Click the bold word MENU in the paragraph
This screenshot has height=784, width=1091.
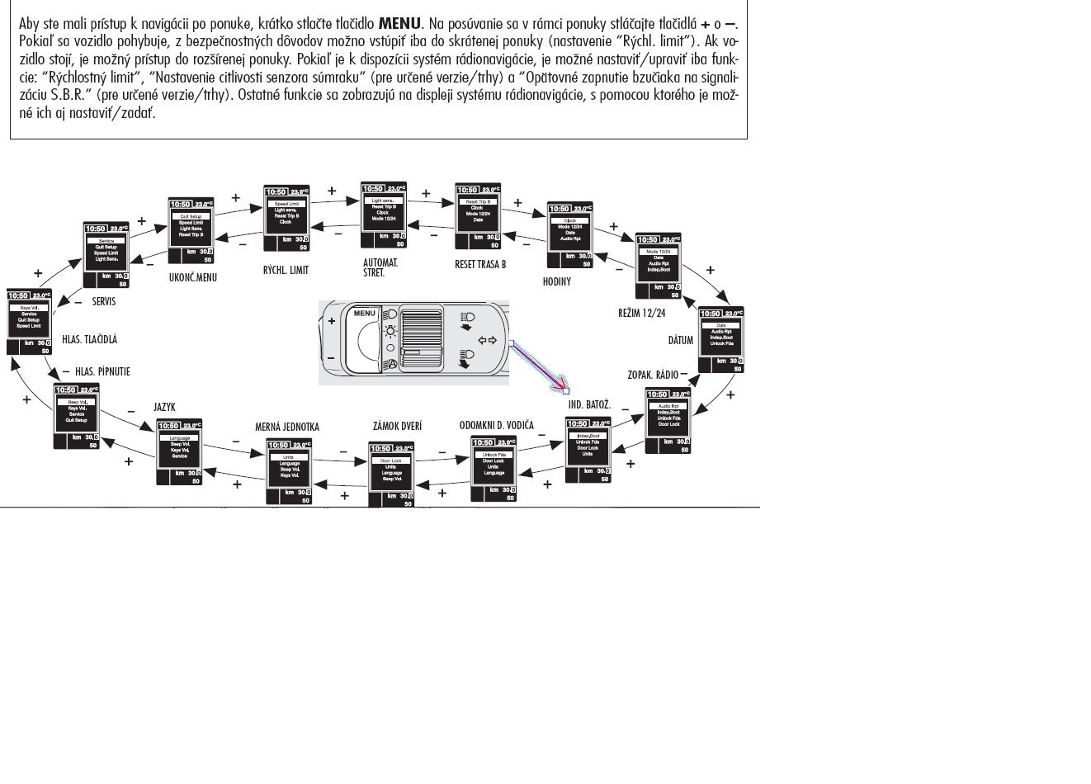[x=399, y=23]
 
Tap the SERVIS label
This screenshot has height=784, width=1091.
[x=104, y=302]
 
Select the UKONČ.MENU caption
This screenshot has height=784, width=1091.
[x=192, y=277]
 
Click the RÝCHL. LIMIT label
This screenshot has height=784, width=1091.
[x=286, y=270]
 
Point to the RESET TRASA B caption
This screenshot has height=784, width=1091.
[x=480, y=265]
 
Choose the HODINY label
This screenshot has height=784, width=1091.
[x=556, y=281]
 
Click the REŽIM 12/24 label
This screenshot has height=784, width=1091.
[x=641, y=314]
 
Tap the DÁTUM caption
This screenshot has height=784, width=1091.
[x=681, y=340]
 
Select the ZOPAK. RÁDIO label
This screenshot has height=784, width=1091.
[x=652, y=375]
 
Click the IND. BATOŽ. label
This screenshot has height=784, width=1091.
[x=589, y=405]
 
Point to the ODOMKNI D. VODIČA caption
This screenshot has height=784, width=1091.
[x=497, y=425]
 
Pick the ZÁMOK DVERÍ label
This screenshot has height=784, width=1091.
[x=397, y=426]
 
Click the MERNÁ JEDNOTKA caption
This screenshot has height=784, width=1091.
[x=286, y=427]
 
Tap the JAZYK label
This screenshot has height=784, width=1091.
[x=164, y=407]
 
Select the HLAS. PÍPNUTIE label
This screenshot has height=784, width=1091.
[x=102, y=372]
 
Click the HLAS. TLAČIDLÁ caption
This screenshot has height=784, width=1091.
[x=89, y=339]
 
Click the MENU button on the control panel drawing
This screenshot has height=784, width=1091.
[x=364, y=314]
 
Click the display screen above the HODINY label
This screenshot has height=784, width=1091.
[x=570, y=234]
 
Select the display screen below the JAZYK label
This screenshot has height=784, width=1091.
[x=180, y=451]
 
